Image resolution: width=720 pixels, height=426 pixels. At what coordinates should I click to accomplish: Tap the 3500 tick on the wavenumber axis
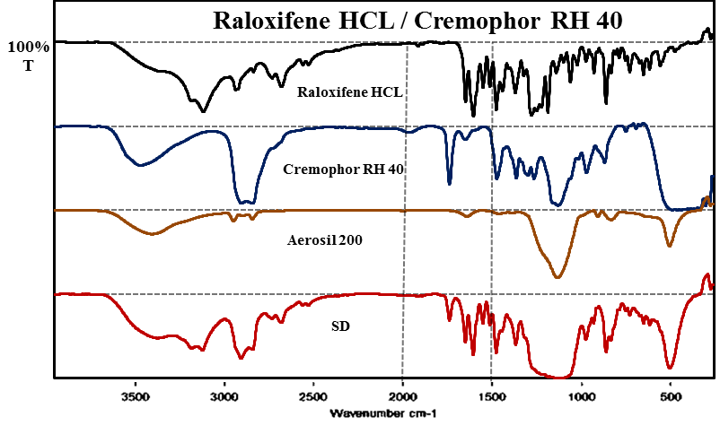pyautogui.click(x=136, y=395)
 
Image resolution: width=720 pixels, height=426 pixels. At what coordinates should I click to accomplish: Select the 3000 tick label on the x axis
pyautogui.click(x=224, y=395)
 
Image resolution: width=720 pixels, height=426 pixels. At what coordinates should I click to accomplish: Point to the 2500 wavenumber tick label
pyautogui.click(x=313, y=395)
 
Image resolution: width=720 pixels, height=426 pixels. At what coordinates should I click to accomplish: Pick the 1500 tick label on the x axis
pyautogui.click(x=491, y=395)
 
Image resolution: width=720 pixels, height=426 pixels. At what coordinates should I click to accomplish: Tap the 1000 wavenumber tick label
pyautogui.click(x=581, y=395)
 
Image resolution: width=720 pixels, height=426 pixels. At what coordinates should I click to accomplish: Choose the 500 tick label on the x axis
pyautogui.click(x=670, y=395)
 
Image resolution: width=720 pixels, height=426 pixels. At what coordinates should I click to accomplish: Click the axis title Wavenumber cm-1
pyautogui.click(x=383, y=413)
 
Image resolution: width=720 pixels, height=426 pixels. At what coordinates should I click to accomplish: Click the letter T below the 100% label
pyautogui.click(x=27, y=65)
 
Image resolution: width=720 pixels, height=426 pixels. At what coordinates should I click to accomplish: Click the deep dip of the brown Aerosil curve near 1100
pyautogui.click(x=558, y=277)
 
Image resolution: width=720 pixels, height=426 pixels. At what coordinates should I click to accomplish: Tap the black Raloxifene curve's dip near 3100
pyautogui.click(x=205, y=111)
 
